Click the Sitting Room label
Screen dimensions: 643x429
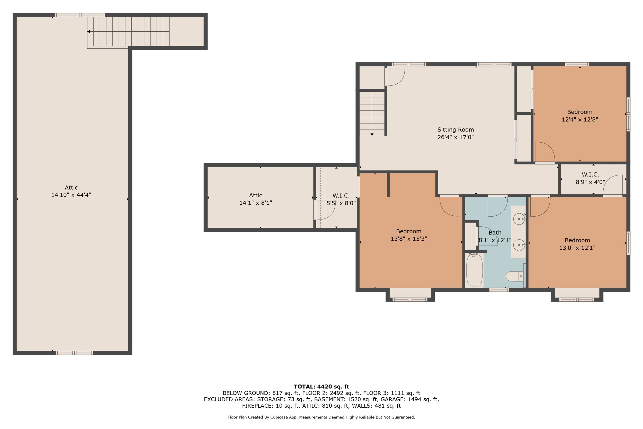point(456,130)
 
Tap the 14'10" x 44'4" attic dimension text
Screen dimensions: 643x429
point(71,195)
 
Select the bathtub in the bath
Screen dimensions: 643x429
point(474,270)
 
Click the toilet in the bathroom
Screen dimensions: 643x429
point(515,276)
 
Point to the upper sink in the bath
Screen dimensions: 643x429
point(519,218)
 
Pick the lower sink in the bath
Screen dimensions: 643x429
point(519,245)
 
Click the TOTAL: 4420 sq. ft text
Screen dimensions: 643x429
point(321,387)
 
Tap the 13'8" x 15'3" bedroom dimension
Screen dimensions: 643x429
point(409,239)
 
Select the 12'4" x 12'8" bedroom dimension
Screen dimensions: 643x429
point(580,120)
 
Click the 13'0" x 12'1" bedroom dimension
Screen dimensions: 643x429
point(577,248)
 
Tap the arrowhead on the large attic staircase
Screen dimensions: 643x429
point(88,32)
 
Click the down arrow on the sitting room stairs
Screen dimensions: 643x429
point(372,135)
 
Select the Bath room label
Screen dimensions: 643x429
point(495,233)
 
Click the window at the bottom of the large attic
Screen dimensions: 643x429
point(74,353)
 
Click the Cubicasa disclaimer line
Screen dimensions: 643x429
point(321,417)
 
